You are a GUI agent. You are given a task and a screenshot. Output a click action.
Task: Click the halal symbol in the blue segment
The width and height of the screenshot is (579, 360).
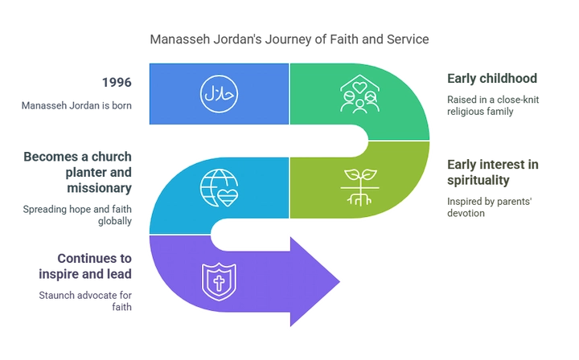point(219,92)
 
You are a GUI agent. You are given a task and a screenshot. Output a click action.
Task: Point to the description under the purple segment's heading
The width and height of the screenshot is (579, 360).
point(84,299)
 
